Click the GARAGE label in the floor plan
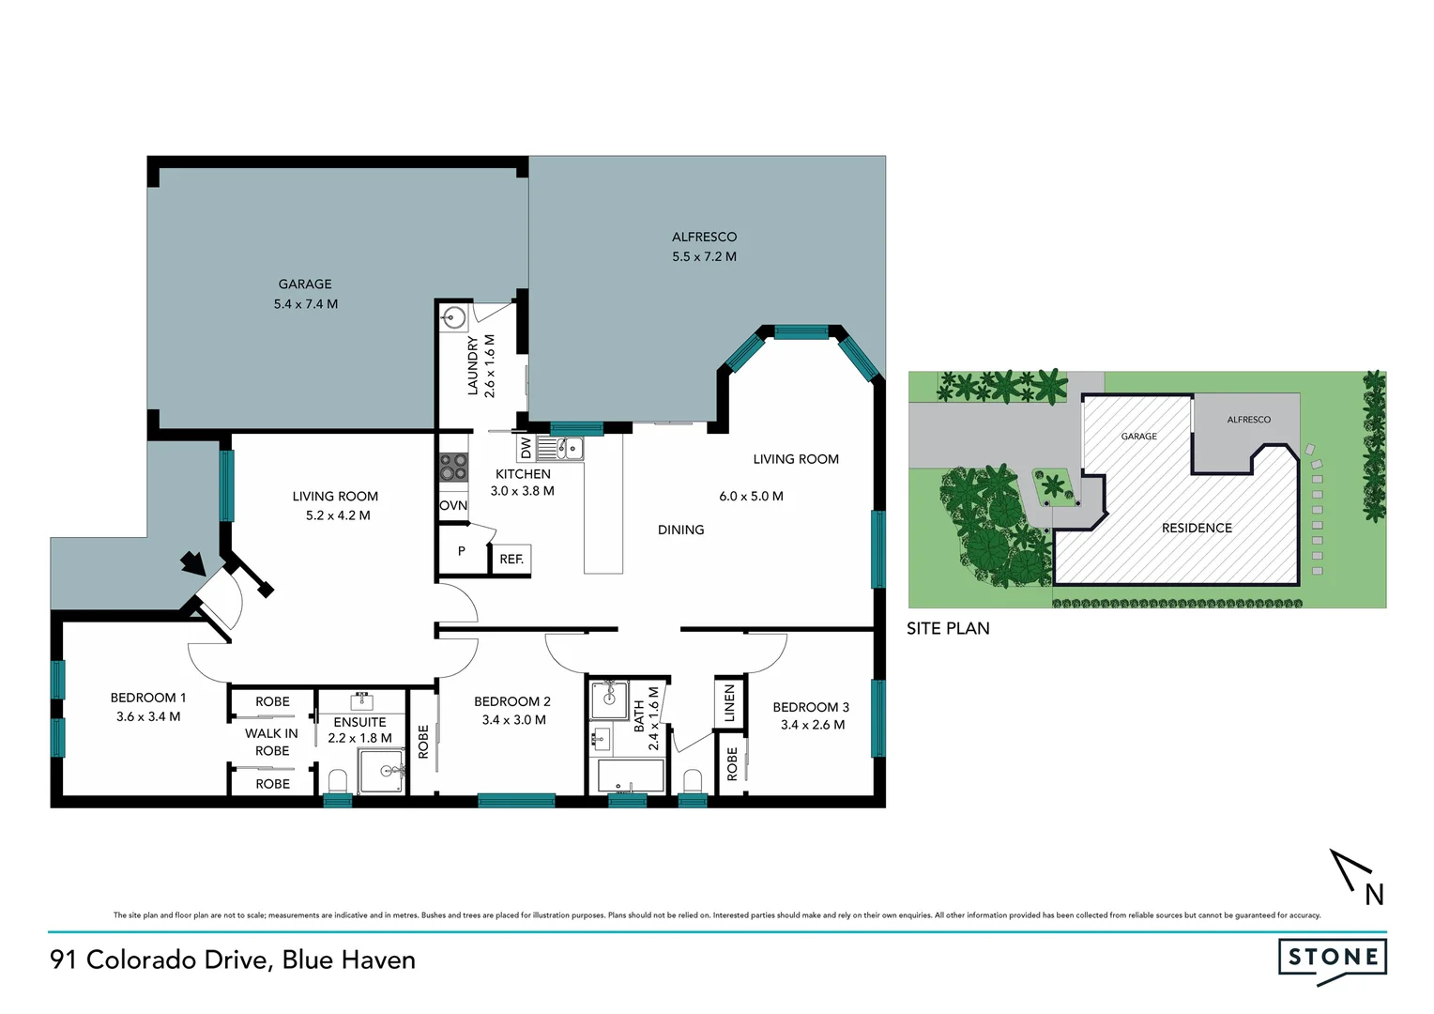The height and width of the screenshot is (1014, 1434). [305, 284]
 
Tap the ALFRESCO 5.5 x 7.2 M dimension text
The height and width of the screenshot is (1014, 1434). [704, 256]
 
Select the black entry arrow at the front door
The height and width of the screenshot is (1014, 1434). [193, 561]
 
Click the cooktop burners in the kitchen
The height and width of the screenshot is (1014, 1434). [454, 467]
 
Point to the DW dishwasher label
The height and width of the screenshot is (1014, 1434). [526, 448]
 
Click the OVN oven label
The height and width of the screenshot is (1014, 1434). [453, 505]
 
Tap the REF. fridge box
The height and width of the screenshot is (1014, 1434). [511, 559]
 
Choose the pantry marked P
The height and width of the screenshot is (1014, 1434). [462, 551]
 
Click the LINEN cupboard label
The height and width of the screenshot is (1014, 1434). [729, 703]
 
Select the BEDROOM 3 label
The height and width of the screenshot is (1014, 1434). [811, 707]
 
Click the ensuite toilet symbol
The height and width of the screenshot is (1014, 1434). [338, 780]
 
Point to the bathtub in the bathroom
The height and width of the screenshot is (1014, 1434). [631, 777]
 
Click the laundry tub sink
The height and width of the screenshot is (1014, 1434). [454, 317]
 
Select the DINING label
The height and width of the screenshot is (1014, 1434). [680, 530]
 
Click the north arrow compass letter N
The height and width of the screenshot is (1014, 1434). [1374, 895]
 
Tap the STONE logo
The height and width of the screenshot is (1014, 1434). [1333, 958]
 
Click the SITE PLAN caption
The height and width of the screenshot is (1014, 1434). [948, 628]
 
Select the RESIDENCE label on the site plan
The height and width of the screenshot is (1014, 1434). [1197, 528]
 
